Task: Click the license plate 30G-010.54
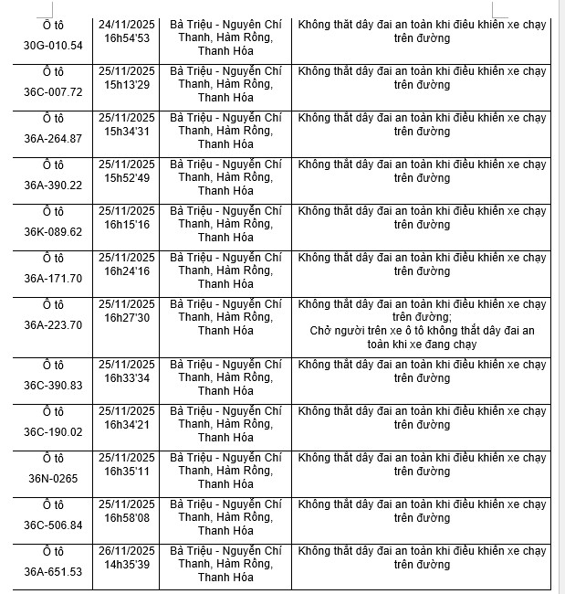(x=53, y=46)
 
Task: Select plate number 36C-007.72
(x=53, y=92)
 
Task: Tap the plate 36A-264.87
(x=53, y=139)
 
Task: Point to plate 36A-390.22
(x=53, y=186)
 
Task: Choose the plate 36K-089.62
(x=53, y=232)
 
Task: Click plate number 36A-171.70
(x=53, y=279)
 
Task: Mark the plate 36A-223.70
(x=53, y=324)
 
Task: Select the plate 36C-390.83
(x=53, y=386)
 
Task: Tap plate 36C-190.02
(x=53, y=432)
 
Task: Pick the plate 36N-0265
(x=53, y=479)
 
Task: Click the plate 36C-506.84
(x=53, y=525)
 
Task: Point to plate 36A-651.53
(x=53, y=572)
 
